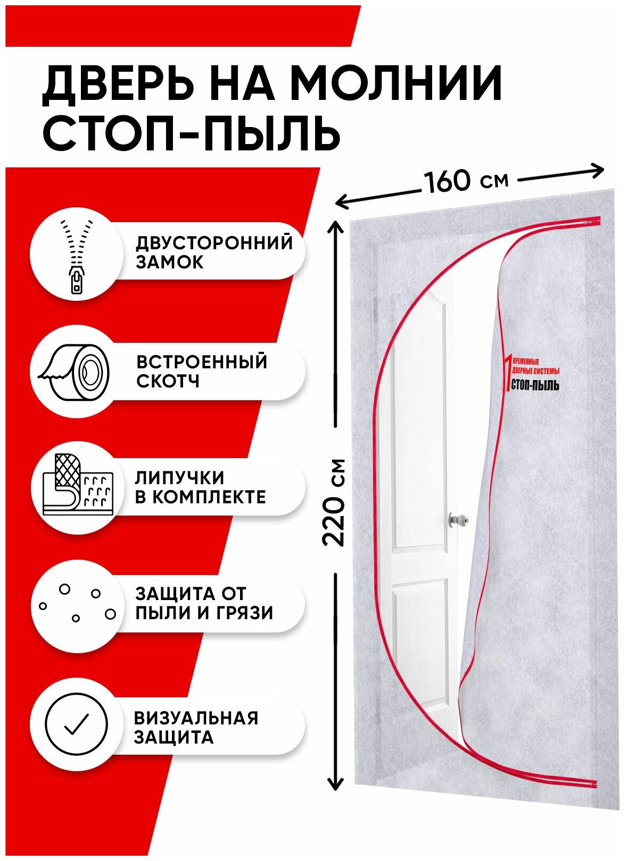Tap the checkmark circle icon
click(76, 723)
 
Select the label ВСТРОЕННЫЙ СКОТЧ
click(201, 371)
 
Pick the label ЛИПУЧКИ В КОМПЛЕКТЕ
click(200, 487)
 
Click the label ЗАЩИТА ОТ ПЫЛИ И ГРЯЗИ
click(204, 603)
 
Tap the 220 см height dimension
click(335, 502)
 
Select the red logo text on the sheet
click(532, 375)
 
